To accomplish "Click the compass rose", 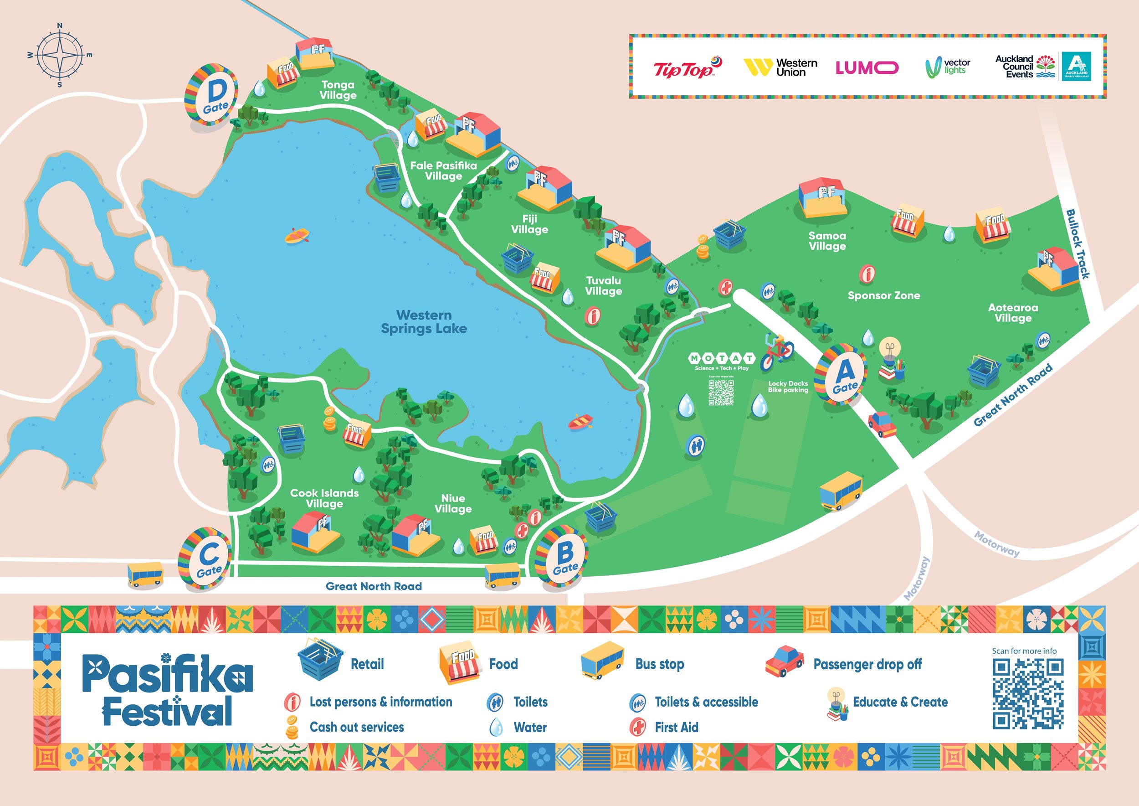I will click(60, 55).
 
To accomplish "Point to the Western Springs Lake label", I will click(424, 321).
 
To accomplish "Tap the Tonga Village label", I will click(338, 90).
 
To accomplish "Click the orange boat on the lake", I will click(297, 235).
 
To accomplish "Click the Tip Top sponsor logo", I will click(687, 68).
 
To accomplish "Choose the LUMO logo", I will click(867, 67).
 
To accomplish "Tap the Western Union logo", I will click(780, 67).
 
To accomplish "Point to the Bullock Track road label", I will click(1078, 244).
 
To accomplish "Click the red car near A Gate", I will click(882, 424).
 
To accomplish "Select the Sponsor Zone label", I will click(883, 296).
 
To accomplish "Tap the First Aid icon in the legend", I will click(637, 727).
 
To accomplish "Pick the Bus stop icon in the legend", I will click(602, 660).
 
